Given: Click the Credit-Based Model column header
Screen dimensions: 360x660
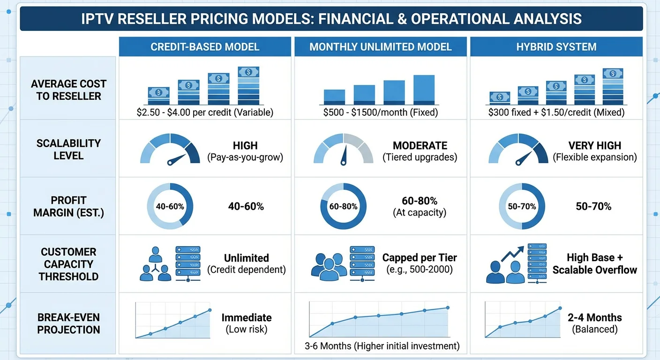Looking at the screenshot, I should point(205,47).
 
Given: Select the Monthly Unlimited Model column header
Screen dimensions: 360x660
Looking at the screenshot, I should point(380,47).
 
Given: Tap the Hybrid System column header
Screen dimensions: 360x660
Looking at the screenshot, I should point(556,47).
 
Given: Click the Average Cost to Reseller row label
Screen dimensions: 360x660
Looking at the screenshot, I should point(68,90).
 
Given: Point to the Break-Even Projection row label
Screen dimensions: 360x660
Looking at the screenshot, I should point(68,323).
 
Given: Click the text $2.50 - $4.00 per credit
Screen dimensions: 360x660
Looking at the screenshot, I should point(205,112).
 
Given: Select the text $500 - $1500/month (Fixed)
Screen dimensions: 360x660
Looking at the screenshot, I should point(380,112).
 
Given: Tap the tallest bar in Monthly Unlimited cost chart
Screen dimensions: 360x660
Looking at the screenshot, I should point(424,90).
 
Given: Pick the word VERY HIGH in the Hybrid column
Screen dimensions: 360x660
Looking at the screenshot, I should point(595,145).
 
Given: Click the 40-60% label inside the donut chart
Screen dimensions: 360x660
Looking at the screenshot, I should point(169,206).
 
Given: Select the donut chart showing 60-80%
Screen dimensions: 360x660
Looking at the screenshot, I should point(343,206).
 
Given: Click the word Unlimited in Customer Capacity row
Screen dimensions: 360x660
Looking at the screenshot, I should point(246,258).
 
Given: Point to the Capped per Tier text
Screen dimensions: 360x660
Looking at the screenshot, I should point(419,257).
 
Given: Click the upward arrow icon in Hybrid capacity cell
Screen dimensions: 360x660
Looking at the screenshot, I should point(513,253).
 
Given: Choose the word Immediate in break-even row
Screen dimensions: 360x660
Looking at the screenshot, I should point(246,317).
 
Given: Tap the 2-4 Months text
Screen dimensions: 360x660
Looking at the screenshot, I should point(594,317).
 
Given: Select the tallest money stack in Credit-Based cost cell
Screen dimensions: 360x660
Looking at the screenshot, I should point(248,85).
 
